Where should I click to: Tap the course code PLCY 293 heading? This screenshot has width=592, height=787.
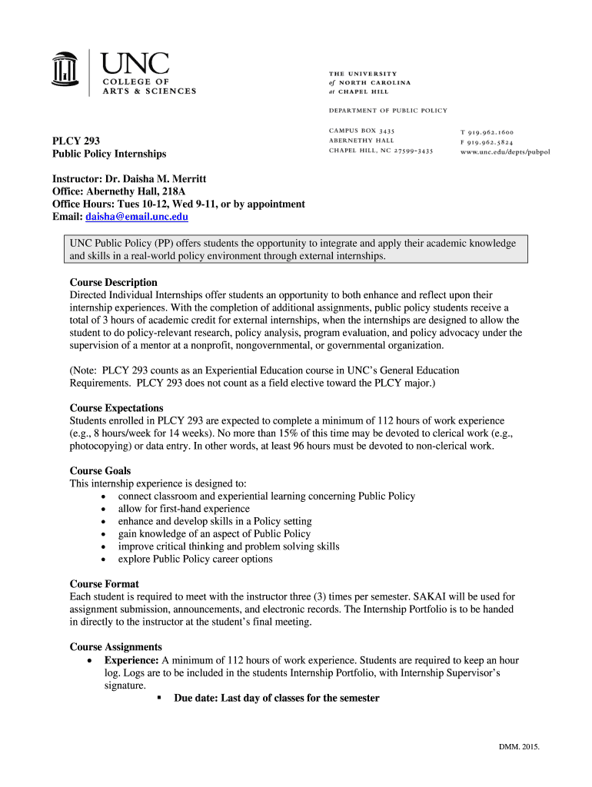pos(75,141)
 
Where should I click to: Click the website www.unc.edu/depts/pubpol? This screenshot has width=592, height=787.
pos(505,152)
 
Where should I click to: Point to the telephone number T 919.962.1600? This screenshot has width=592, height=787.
pos(487,132)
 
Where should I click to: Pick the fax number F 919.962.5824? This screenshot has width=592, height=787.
pos(487,142)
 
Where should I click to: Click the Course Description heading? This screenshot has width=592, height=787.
pos(113,282)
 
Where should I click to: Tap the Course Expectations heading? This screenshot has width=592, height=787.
pos(116,408)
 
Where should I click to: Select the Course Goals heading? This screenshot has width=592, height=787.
pos(100,470)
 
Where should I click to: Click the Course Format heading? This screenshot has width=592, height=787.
pos(104,584)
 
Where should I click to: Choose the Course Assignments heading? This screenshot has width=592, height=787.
pos(115,647)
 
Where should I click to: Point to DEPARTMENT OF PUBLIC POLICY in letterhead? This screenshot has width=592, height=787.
pos(387,111)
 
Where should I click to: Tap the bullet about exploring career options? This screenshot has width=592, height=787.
pos(195,559)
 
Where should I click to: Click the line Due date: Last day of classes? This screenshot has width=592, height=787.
pos(277,698)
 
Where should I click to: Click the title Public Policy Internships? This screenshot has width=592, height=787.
pos(108,154)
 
